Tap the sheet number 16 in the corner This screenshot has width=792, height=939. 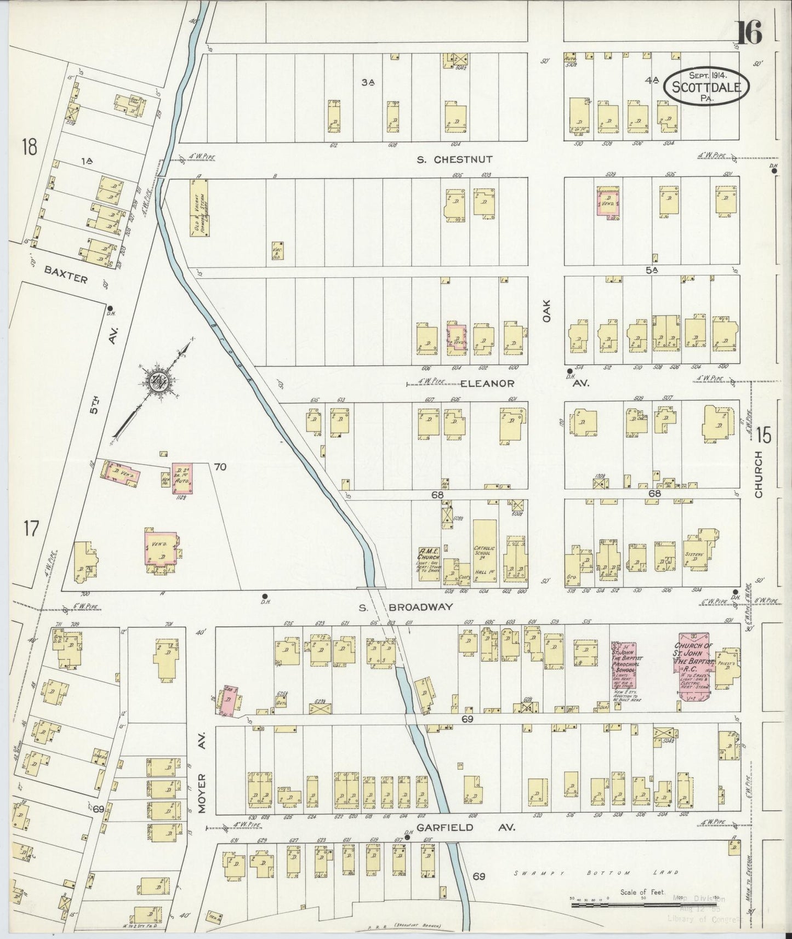coord(749,35)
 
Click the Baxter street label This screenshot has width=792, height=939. coord(66,274)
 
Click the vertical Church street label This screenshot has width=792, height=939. coord(759,474)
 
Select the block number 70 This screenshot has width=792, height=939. coord(220,467)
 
